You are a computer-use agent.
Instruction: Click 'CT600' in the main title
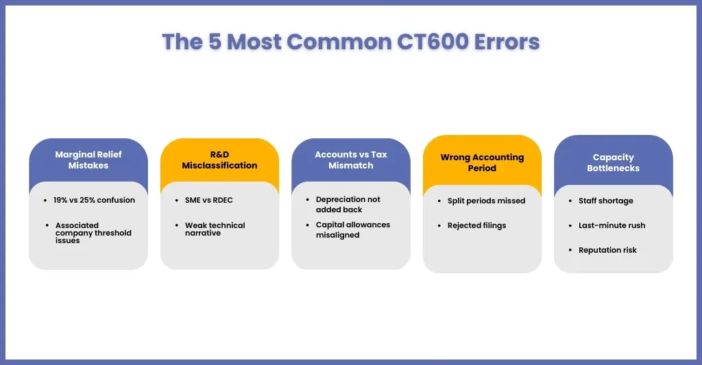pos(433,42)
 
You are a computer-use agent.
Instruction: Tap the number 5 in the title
pos(215,42)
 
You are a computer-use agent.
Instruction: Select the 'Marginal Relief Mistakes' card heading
pos(88,160)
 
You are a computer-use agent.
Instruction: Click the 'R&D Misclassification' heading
pos(219,160)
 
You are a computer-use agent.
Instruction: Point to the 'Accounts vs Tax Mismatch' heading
pos(351,160)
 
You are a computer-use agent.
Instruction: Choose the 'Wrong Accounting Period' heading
pos(482,162)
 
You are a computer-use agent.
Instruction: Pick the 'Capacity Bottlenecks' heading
pos(614,162)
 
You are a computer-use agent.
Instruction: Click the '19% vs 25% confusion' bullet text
pos(94,200)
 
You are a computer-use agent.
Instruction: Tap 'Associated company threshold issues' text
pos(93,233)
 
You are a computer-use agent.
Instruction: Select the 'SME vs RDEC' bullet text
pos(208,200)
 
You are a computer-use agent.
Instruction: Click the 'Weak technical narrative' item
pos(215,229)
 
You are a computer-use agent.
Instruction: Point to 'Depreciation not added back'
pos(348,205)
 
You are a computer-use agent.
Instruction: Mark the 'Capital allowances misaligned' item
pos(353,230)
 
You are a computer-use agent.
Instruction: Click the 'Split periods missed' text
pos(486,201)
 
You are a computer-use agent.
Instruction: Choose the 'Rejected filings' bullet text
pos(477,225)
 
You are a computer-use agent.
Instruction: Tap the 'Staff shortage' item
pos(606,201)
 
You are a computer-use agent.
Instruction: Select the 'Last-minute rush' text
pos(612,225)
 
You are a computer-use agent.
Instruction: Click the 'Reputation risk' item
pos(607,250)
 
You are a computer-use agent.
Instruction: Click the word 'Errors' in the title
pos(507,42)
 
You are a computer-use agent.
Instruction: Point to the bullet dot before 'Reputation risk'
pos(570,250)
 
